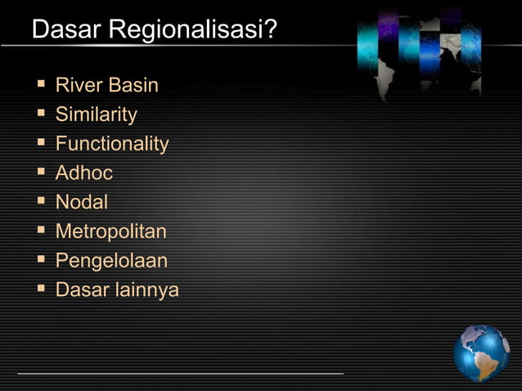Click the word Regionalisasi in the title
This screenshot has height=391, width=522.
pos(185,31)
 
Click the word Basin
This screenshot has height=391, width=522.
pos(133,85)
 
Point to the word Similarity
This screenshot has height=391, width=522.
pos(97,115)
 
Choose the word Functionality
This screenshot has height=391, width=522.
pos(112,144)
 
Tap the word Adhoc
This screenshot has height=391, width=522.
pos(83,173)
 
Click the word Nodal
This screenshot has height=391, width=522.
pos(81,202)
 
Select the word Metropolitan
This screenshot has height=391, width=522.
pos(110,231)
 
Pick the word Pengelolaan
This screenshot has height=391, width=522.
pos(111,261)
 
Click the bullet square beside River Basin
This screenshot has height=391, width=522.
pos(40,84)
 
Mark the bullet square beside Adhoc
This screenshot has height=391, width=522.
pos(40,173)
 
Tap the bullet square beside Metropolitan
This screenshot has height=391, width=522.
pos(40,231)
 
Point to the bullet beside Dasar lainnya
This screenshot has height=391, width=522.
pos(40,290)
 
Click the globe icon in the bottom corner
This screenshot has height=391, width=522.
pos(481,353)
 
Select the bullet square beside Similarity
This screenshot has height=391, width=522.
pos(40,114)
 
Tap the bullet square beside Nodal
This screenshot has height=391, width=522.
pos(40,201)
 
